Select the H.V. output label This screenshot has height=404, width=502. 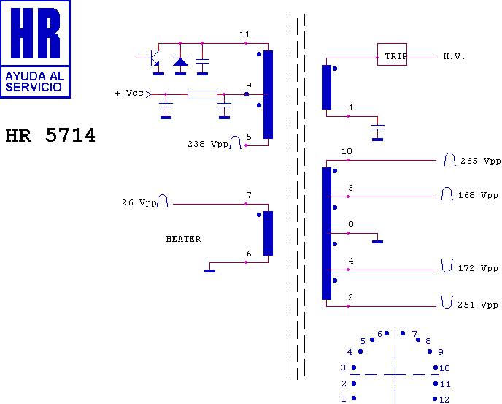(454, 57)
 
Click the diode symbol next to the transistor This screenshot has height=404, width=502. (180, 61)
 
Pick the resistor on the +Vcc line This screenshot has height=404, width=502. (202, 95)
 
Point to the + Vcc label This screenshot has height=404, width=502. (129, 93)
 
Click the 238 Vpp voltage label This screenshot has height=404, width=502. (208, 145)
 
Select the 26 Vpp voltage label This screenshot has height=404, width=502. (139, 202)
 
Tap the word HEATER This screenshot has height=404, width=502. (183, 239)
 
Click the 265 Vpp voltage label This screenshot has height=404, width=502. (481, 161)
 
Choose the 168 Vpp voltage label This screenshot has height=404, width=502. (478, 195)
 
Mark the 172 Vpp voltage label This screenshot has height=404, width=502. (478, 268)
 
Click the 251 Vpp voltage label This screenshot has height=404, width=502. (478, 305)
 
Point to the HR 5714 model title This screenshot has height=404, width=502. (50, 135)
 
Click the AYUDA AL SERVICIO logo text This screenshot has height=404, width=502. (35, 81)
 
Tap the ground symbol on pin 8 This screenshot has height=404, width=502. (377, 242)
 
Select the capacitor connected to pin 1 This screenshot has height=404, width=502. (377, 128)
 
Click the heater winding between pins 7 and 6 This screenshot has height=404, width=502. (268, 233)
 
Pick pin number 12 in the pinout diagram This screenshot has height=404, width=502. (444, 400)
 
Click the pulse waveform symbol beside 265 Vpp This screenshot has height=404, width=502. (449, 159)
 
